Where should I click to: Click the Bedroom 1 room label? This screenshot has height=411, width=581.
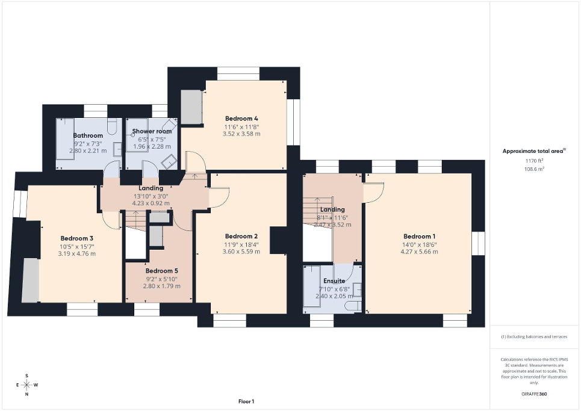pos(420,236)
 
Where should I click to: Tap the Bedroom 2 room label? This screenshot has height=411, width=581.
pos(241,236)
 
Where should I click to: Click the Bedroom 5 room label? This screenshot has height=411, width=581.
pos(160,271)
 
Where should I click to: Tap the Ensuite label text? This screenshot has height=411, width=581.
pos(334,281)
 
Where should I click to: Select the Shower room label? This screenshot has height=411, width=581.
pos(152,131)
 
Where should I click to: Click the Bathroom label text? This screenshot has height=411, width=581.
pos(88,135)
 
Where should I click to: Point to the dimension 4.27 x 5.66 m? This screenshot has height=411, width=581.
pos(420,252)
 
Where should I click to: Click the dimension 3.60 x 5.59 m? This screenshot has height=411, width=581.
pos(241,252)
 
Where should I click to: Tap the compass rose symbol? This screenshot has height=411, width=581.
pos(26,385)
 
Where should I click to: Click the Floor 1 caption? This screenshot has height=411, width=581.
pos(246,401)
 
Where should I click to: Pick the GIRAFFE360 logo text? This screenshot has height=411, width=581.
pos(535,394)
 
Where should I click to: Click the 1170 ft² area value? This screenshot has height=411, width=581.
pos(535,161)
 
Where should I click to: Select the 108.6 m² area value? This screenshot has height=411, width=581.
pos(535,170)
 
